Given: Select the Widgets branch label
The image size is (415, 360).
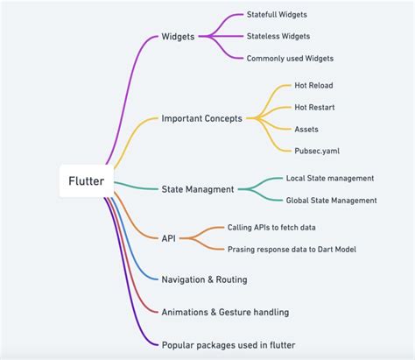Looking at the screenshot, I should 178,37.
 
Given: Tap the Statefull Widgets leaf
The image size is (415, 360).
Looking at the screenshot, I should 277,15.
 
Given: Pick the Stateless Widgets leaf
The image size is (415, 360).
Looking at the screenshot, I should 278,37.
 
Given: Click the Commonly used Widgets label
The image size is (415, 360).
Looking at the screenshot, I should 290,58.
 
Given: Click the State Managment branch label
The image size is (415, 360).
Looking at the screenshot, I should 197,188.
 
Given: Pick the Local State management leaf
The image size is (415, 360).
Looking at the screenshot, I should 330,178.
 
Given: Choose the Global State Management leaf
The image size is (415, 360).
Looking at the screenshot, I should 332,200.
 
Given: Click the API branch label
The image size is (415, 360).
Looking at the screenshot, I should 170,237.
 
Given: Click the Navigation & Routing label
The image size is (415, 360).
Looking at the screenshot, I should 204,279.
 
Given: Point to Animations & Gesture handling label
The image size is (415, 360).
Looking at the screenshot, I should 225,311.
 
